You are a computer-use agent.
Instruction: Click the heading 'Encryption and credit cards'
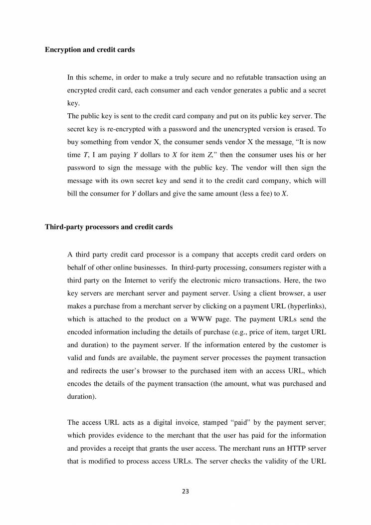[90, 50]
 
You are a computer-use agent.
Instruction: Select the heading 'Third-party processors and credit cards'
[109, 227]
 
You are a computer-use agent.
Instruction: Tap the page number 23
[185, 491]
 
